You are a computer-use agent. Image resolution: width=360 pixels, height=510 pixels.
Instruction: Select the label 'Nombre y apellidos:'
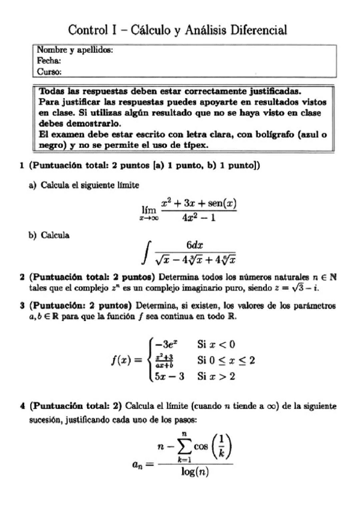(75, 51)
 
